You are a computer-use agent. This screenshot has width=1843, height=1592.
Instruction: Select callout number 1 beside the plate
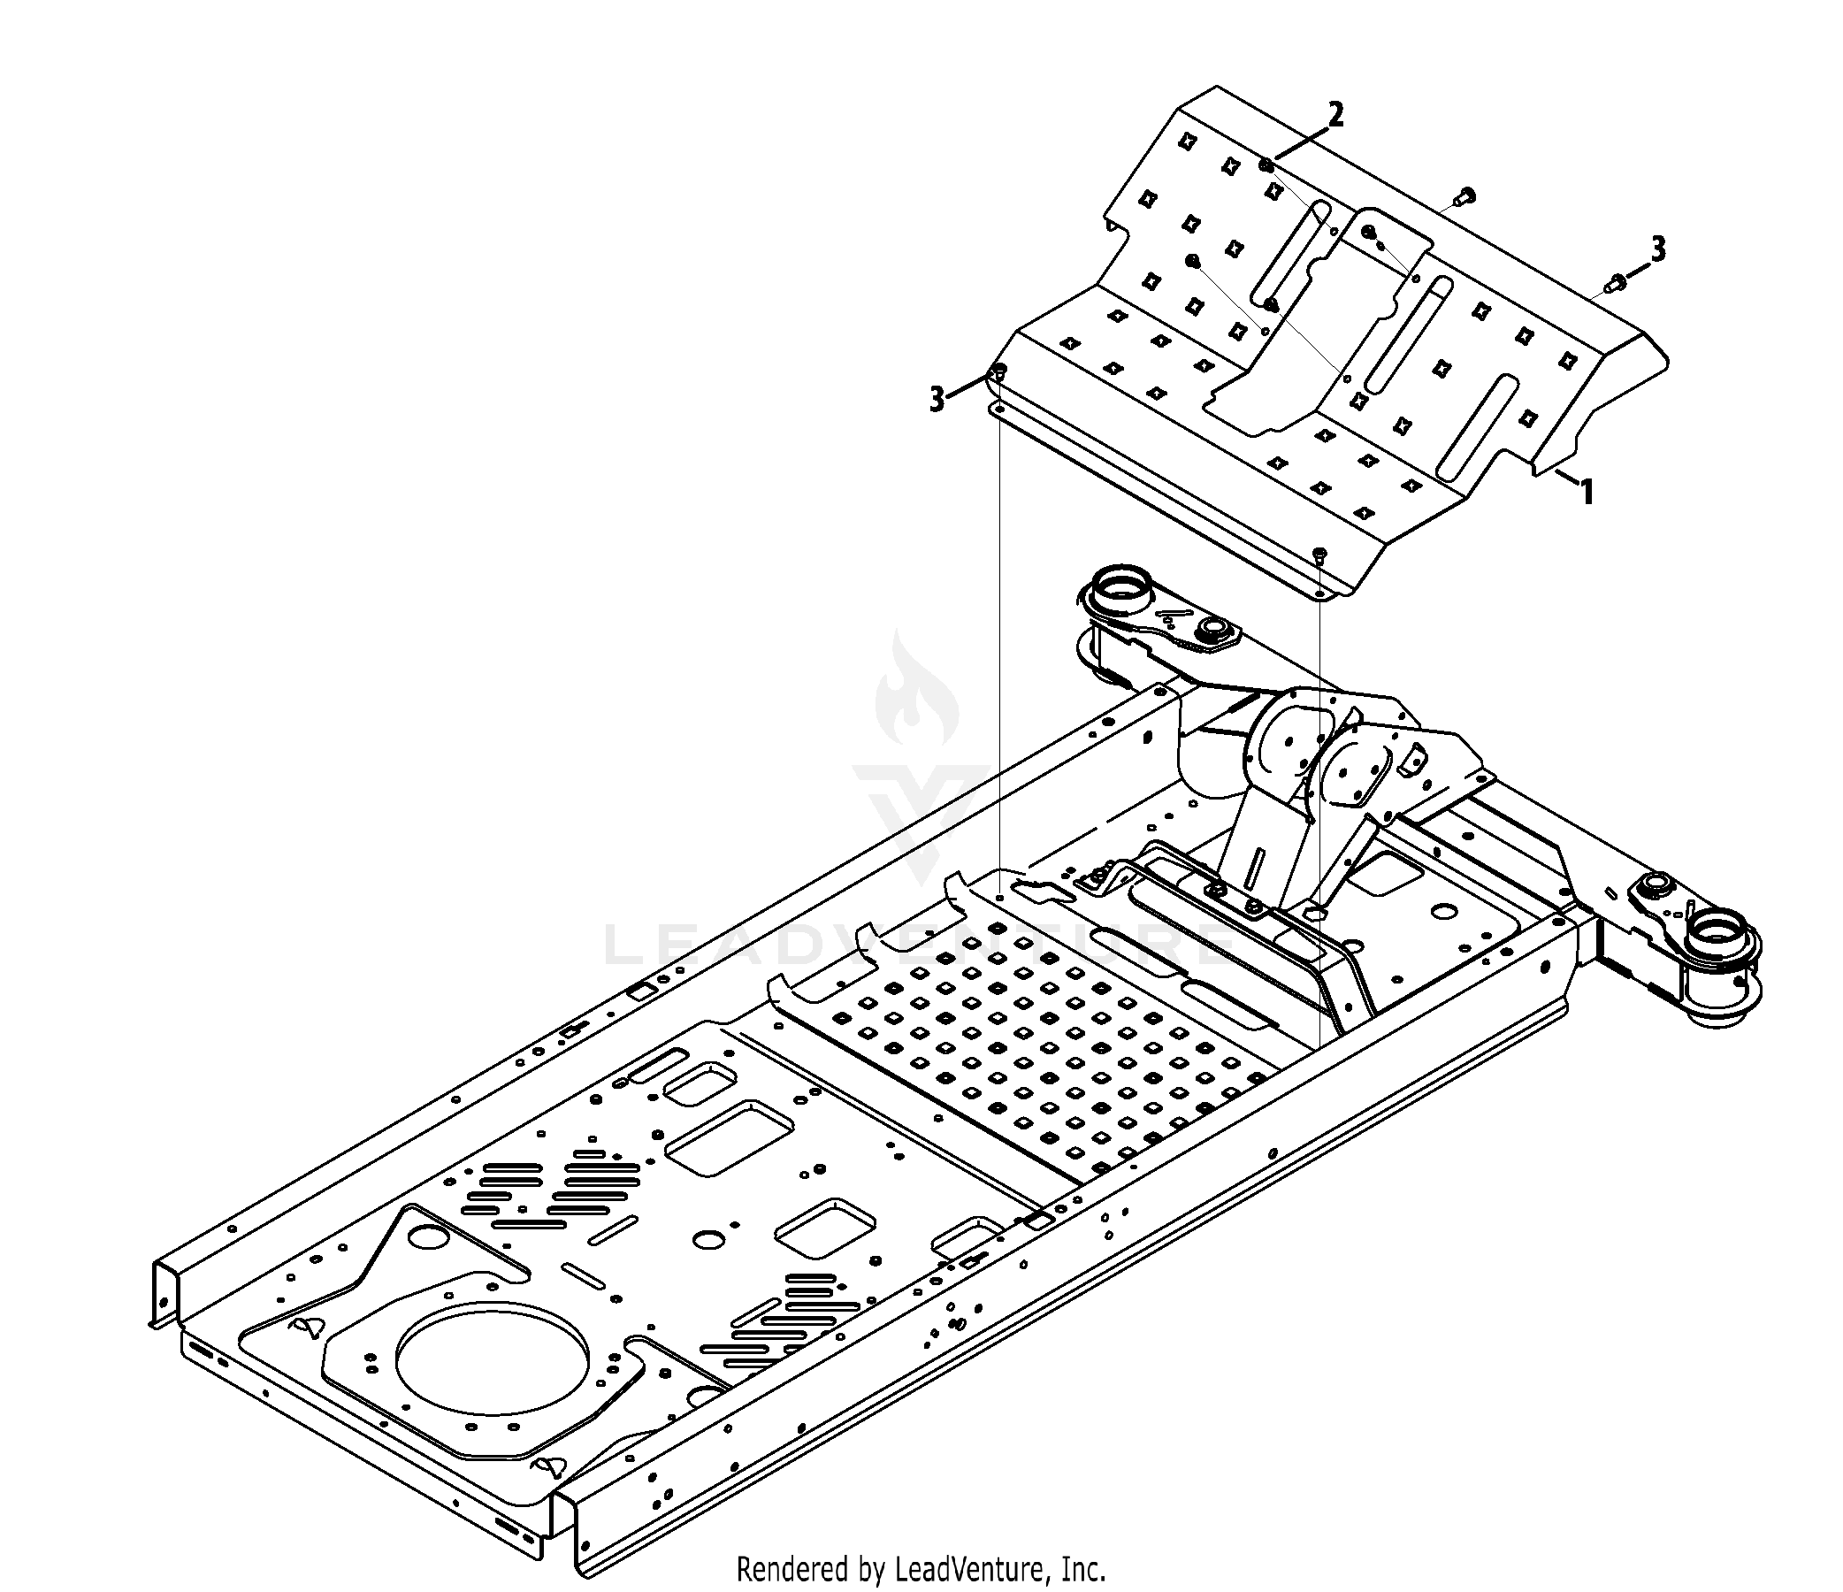[1587, 492]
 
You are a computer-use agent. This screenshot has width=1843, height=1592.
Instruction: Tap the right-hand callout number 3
[1658, 249]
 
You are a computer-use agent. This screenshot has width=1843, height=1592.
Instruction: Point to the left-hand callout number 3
[937, 400]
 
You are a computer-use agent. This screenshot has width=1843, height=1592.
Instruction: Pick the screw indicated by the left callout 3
[999, 372]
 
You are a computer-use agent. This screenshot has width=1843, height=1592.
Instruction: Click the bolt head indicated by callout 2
[1266, 165]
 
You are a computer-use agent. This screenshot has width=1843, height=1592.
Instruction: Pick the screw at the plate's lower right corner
[1319, 555]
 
